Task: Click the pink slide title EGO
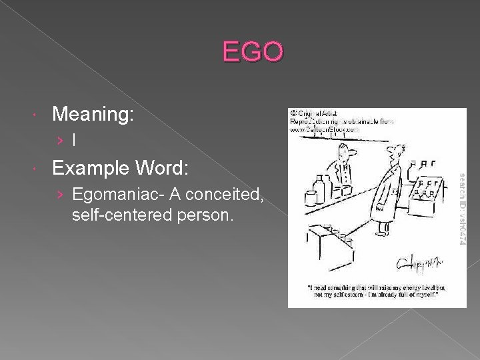tap(253, 51)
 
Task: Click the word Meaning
tap(93, 115)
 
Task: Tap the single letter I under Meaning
tap(74, 141)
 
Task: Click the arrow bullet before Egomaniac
tap(61, 195)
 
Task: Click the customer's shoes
tap(382, 233)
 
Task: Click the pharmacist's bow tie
tap(343, 164)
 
